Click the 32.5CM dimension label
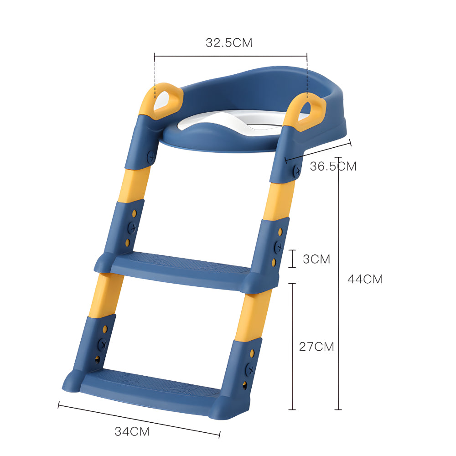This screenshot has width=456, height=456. [x=228, y=43]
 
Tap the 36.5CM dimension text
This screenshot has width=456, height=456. [x=333, y=166]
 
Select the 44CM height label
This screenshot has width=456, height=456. [x=365, y=279]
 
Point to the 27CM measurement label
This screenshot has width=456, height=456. [x=316, y=347]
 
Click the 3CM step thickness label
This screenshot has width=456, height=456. [x=316, y=259]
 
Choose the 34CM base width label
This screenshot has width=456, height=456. [x=132, y=431]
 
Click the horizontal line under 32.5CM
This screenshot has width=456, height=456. [x=230, y=56]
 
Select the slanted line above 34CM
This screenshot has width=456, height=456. [x=139, y=419]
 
